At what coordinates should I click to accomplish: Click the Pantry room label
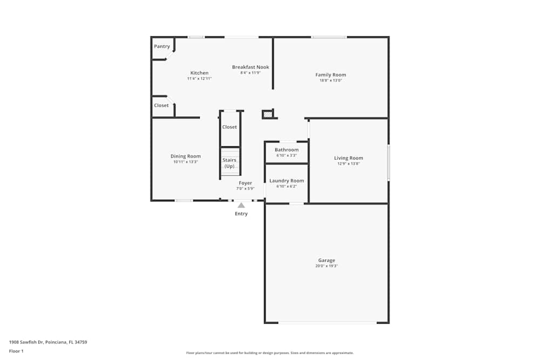[x=162, y=46]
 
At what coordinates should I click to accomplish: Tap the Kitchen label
[x=199, y=73]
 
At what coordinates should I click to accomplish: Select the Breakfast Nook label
[x=251, y=67]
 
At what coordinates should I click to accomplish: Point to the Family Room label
[x=331, y=74]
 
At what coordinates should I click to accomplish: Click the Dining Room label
[x=186, y=156]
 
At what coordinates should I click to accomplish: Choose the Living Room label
[x=348, y=158]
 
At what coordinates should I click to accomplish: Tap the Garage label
[x=327, y=260]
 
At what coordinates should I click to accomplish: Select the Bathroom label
[x=287, y=150]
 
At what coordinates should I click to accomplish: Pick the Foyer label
[x=245, y=183]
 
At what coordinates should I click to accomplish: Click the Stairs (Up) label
[x=230, y=163]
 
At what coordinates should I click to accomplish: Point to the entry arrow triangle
[x=241, y=205]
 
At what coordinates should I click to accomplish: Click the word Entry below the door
[x=241, y=214]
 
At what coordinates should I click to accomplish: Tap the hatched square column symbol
[x=267, y=114]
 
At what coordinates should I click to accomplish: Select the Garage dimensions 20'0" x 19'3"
[x=327, y=266]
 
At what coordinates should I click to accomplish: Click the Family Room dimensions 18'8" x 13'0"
[x=331, y=80]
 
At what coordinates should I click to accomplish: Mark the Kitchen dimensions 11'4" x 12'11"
[x=199, y=79]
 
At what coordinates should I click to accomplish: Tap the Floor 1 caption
[x=16, y=351]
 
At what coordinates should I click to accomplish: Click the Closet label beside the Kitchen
[x=161, y=105]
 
